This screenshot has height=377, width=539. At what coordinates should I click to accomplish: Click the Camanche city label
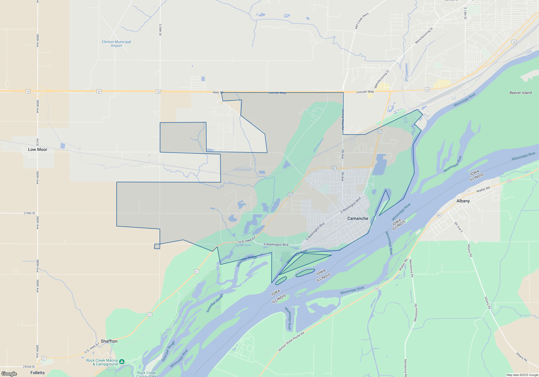[x=358, y=218]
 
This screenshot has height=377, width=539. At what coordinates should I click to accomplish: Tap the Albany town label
[x=463, y=201]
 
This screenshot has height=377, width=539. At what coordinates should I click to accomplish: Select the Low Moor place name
[x=37, y=149]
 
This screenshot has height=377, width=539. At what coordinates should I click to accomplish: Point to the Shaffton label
[x=109, y=341]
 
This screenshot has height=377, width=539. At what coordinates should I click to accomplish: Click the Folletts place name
[x=37, y=373]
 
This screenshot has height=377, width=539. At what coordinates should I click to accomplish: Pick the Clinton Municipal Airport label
[x=116, y=44]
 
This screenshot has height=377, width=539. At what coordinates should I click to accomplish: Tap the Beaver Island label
[x=520, y=93]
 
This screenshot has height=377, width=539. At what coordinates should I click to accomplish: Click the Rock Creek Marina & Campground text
[x=102, y=362]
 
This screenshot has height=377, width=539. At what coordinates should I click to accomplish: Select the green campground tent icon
[x=122, y=362]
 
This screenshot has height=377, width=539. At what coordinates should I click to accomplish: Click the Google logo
[x=9, y=374]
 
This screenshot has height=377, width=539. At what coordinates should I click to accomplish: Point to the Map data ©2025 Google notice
[x=522, y=375]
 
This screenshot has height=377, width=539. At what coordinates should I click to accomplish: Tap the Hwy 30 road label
[x=218, y=92]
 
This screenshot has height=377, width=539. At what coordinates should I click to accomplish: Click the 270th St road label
[x=29, y=213]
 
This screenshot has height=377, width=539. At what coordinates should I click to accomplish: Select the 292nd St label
[x=29, y=366]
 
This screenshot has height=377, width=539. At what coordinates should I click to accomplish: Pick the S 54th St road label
[x=160, y=30]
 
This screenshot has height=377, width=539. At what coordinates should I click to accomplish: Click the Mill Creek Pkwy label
[x=362, y=21]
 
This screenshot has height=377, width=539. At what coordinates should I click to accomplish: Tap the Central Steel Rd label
[x=343, y=119]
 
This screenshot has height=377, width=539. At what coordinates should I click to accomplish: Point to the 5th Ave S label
[x=458, y=227]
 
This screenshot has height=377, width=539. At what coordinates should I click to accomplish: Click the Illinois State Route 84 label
[x=291, y=341]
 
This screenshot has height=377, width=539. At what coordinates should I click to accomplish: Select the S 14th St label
[x=465, y=13]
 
